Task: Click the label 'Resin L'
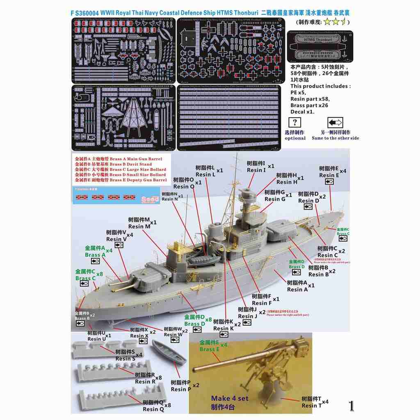pos(205,174)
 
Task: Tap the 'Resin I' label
pos(256,170)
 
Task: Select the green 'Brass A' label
pos(95,255)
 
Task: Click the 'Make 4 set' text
pos(228,398)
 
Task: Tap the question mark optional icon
pos(295,123)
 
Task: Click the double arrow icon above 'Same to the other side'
pos(335,123)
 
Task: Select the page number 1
pos(351,406)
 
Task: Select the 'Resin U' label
pos(97,339)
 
